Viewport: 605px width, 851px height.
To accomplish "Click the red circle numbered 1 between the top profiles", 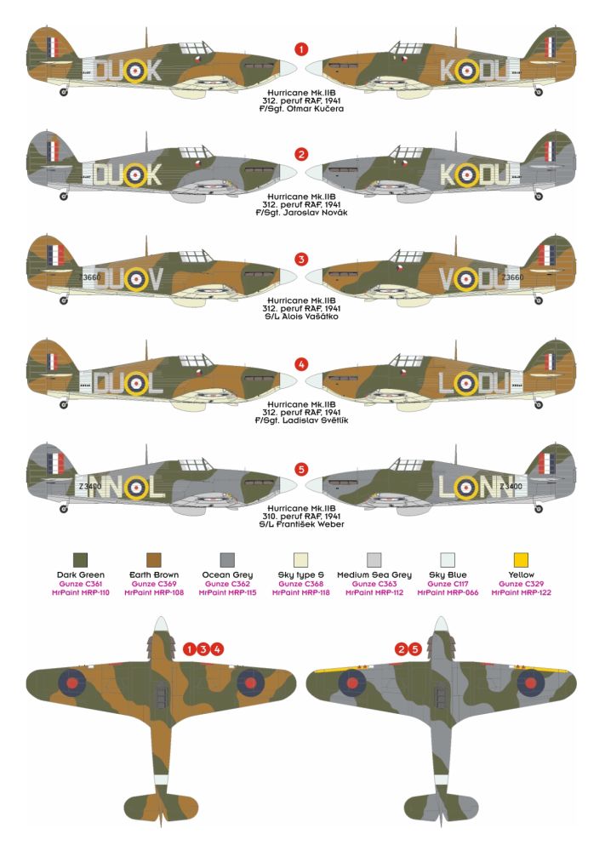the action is click(x=301, y=49).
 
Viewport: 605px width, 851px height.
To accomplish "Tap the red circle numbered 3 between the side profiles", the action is click(x=301, y=259).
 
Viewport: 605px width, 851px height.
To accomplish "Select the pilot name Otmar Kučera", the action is click(x=315, y=109).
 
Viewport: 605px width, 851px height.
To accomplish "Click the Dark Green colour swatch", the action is click(x=80, y=560).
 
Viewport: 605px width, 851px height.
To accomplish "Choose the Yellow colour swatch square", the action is click(x=521, y=560).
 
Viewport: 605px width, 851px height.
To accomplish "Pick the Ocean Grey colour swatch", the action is click(x=227, y=560).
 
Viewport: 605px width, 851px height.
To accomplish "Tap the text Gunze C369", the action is click(x=154, y=584).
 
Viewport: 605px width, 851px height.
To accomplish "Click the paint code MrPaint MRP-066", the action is click(x=448, y=592).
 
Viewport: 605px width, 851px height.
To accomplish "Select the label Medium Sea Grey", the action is click(x=374, y=574).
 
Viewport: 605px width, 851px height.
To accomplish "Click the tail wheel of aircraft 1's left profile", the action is click(x=64, y=92).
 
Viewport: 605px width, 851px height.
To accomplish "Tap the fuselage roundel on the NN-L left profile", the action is click(x=135, y=487).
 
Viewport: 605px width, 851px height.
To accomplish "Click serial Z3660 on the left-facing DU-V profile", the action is click(x=89, y=277).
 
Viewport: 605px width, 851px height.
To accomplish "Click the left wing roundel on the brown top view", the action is click(x=72, y=683).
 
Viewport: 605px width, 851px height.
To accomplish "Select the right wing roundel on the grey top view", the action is click(x=530, y=683).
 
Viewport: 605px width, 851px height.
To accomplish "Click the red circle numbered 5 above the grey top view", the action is click(x=414, y=649).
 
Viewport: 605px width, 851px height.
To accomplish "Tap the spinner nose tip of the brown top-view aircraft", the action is click(x=160, y=618).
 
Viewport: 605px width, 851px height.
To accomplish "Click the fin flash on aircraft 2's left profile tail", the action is click(x=53, y=151).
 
